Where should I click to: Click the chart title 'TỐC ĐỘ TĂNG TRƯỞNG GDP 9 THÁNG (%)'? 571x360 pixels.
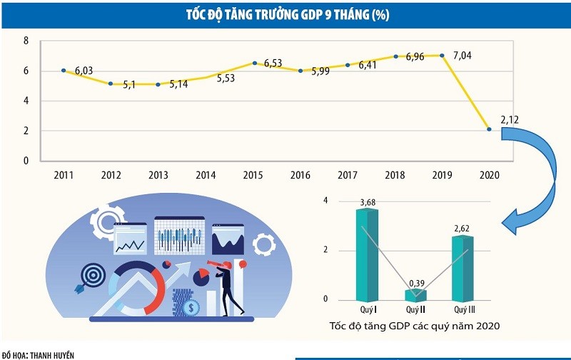285,14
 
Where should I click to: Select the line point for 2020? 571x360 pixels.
489,129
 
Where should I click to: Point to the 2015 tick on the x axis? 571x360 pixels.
253,174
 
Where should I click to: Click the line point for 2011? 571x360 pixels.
64,71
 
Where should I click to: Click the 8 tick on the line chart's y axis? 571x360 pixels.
26,41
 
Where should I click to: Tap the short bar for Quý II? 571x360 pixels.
415,294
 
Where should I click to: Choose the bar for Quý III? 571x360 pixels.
462,268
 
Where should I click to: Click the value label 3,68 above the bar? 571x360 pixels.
368,204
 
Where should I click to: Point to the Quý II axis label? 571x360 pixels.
415,310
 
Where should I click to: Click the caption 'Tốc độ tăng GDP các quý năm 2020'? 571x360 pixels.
414,326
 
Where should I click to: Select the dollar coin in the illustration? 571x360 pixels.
191,308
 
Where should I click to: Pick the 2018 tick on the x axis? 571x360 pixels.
394,174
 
